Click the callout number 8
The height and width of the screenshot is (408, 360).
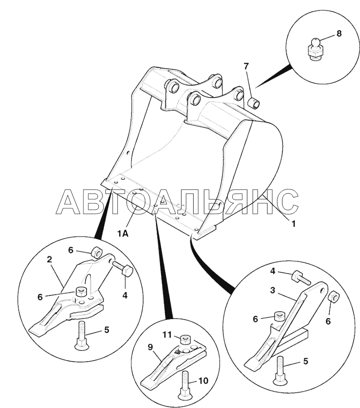[339, 34]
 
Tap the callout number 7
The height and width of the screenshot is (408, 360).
[246, 66]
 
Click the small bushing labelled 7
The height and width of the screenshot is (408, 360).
[253, 102]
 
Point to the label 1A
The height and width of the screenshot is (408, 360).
[123, 234]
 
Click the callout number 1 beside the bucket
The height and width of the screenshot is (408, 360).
[293, 224]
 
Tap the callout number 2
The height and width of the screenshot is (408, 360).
[49, 259]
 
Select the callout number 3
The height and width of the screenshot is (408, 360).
[272, 290]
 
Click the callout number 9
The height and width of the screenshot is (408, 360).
[150, 347]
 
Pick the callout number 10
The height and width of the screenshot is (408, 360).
[203, 381]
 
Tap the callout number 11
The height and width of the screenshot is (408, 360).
[167, 334]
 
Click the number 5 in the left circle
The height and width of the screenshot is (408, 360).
[107, 330]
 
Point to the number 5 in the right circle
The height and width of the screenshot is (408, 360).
[306, 361]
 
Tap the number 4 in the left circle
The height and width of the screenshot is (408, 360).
[125, 295]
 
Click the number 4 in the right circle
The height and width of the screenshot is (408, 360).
[272, 271]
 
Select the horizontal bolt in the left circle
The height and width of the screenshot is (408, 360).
[123, 269]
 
